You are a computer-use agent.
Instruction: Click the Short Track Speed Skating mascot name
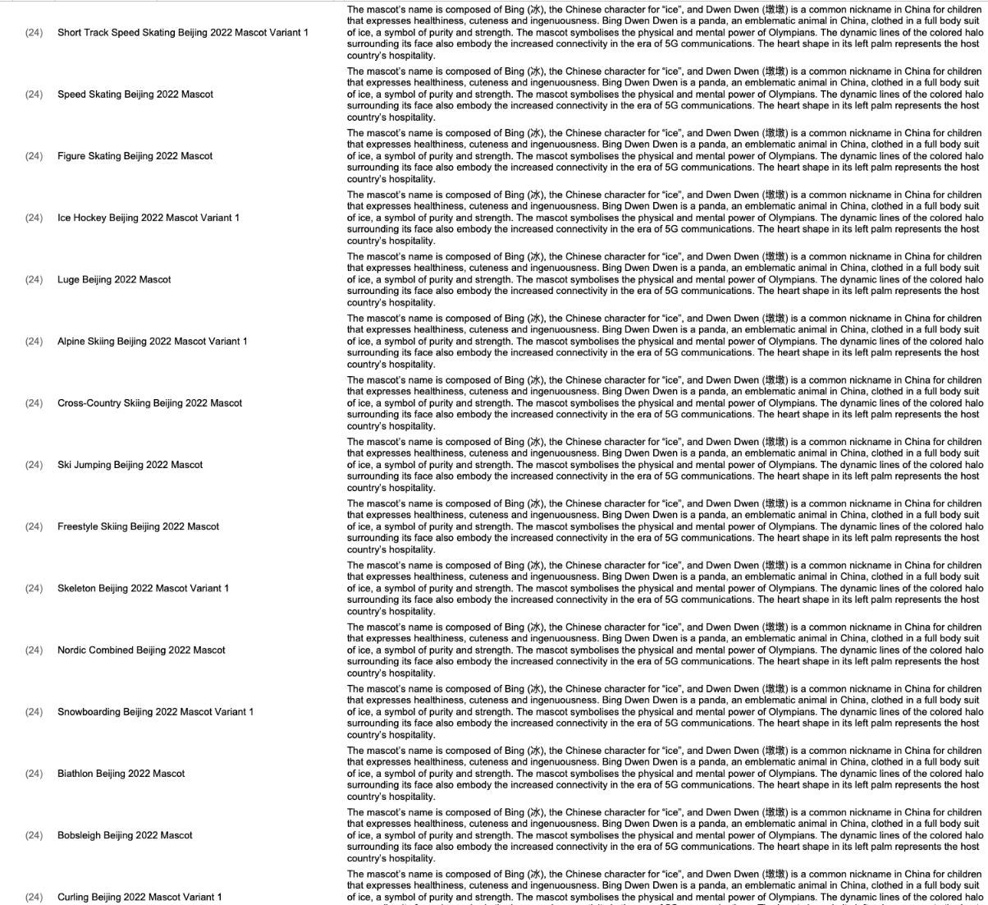(x=183, y=33)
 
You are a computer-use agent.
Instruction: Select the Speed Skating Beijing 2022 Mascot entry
(x=135, y=94)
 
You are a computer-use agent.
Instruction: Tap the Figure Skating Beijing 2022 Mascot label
(x=135, y=156)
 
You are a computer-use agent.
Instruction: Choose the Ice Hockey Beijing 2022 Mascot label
(x=149, y=218)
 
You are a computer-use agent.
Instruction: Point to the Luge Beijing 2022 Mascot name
(x=114, y=279)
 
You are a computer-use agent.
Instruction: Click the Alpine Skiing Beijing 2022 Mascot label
(x=152, y=341)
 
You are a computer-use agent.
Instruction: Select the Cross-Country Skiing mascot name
(x=149, y=403)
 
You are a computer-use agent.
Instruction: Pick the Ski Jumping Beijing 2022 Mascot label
(x=130, y=465)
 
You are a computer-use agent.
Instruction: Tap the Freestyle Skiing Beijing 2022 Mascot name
(x=138, y=526)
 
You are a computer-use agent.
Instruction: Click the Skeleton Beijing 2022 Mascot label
(x=143, y=588)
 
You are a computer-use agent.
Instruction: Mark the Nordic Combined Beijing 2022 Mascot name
(x=141, y=650)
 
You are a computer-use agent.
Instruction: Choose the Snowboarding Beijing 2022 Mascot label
(x=155, y=711)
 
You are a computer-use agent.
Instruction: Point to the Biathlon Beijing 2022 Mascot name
(x=121, y=774)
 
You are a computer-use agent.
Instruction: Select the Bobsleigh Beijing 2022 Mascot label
(x=125, y=835)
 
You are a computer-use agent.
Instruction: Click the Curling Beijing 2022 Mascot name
(x=140, y=897)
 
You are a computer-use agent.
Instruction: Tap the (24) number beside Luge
(x=34, y=279)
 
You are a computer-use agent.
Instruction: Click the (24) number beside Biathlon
(x=34, y=774)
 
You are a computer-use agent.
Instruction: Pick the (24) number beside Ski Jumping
(x=34, y=465)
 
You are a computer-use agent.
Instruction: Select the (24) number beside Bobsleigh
(x=34, y=835)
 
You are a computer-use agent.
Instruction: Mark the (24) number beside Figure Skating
(x=34, y=156)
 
